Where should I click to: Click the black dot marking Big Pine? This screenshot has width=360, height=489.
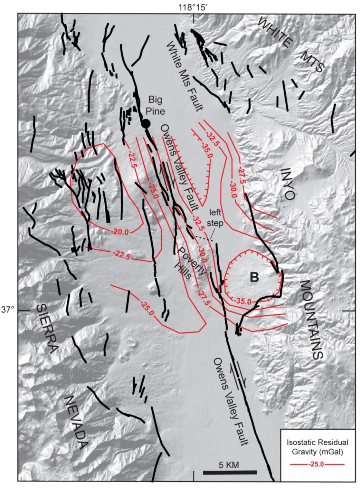[x=146, y=123]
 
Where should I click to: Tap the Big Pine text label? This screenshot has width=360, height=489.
[x=155, y=105]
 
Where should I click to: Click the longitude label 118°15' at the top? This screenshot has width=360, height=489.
[x=193, y=7]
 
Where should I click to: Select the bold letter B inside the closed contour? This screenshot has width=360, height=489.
[x=254, y=277]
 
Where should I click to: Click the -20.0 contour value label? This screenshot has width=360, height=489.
[x=120, y=232]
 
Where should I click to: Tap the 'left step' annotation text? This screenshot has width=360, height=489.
[x=215, y=217]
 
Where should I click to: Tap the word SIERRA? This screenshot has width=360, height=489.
[x=47, y=328]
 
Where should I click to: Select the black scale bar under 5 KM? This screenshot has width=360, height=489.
[x=230, y=472]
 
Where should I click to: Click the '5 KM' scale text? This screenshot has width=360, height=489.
[x=229, y=465]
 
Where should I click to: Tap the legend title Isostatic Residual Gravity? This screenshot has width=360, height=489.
[x=317, y=447]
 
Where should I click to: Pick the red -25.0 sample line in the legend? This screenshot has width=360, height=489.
[x=317, y=464]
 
